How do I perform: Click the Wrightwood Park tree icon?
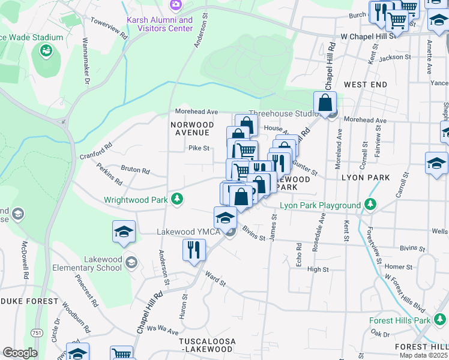tap(177, 199)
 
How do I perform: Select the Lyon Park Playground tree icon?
tap(371, 205)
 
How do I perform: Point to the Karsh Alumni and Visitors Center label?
tap(160, 24)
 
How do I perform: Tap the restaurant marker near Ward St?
tap(193, 250)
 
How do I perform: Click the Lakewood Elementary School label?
tap(87, 263)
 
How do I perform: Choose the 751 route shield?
tap(37, 333)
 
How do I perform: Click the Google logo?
tap(20, 353)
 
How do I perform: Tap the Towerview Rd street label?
tap(109, 28)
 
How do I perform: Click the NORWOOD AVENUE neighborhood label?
tap(190, 128)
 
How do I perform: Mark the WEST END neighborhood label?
tap(366, 85)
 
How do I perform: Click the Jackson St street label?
tap(394, 58)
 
